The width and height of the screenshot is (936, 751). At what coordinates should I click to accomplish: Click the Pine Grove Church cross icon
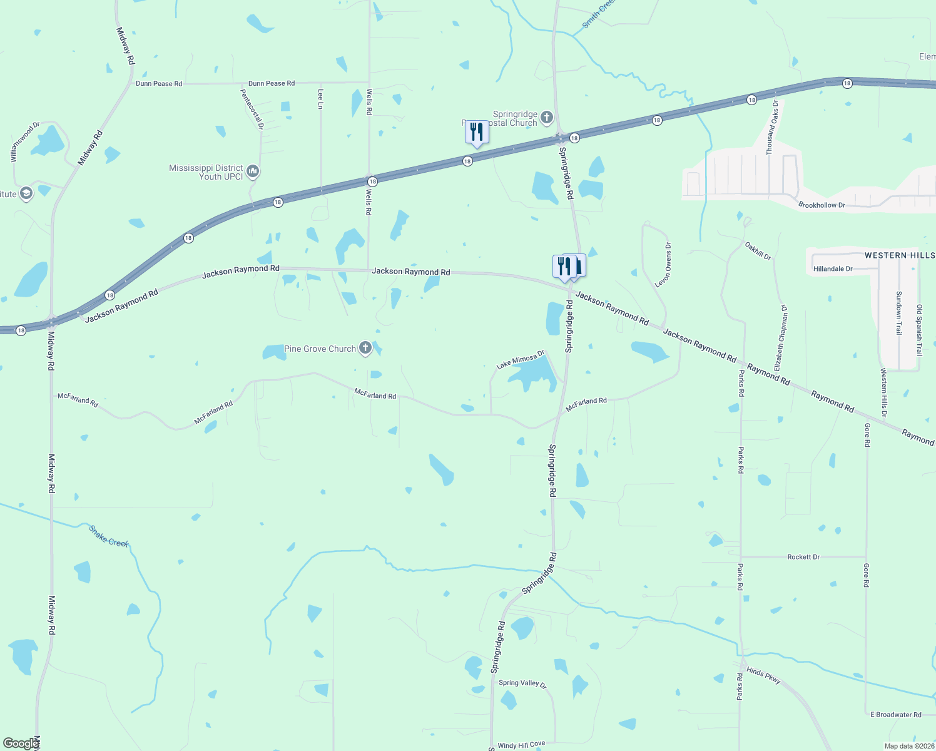[x=365, y=349]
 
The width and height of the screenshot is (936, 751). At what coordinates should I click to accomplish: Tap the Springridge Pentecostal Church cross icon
[x=547, y=117]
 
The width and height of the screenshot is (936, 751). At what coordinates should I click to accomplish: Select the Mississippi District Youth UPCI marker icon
[x=253, y=171]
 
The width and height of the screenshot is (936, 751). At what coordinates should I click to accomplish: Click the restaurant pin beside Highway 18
[x=477, y=133]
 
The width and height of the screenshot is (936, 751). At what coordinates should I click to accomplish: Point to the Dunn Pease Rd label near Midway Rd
[x=159, y=84]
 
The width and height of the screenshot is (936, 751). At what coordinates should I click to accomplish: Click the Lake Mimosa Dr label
[x=521, y=360]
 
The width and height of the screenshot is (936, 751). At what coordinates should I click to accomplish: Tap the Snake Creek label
[x=109, y=536]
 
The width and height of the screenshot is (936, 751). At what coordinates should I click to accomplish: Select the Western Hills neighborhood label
[x=900, y=255]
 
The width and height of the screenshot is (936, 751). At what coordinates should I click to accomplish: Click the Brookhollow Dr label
[x=822, y=205]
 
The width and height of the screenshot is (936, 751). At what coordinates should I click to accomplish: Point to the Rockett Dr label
[x=803, y=557]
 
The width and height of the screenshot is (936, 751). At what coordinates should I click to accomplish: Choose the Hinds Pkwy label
[x=764, y=676]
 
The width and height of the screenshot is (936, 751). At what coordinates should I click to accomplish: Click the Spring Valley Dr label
[x=522, y=683]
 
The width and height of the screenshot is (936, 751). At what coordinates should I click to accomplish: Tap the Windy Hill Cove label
[x=521, y=745]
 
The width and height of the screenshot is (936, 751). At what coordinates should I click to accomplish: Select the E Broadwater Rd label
[x=896, y=715]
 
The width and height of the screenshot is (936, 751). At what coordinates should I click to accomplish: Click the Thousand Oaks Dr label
[x=773, y=128]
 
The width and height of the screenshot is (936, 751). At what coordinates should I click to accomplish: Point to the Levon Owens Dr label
[x=663, y=265]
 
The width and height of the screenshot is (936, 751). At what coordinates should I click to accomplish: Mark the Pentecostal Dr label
[x=253, y=109]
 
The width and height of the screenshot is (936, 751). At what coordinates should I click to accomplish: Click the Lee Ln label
[x=321, y=98]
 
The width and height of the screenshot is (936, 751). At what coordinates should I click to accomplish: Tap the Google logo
[x=20, y=743]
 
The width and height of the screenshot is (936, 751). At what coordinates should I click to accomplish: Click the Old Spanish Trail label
[x=919, y=330]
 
